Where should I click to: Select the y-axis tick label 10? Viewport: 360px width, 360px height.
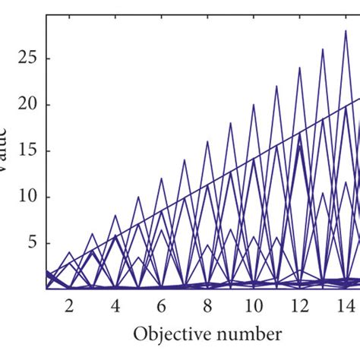(x=27, y=197)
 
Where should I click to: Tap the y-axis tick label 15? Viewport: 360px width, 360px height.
(x=27, y=150)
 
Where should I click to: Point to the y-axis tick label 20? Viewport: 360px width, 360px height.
(x=27, y=104)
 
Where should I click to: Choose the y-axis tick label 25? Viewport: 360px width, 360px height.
(x=27, y=58)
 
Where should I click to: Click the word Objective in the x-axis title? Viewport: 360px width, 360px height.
(x=168, y=334)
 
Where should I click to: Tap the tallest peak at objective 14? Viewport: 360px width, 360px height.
(x=346, y=30)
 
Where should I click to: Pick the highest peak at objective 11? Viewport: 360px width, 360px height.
(x=276, y=86)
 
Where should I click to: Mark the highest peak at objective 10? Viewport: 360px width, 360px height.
(x=254, y=104)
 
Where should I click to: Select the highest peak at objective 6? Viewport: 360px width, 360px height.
(x=161, y=178)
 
